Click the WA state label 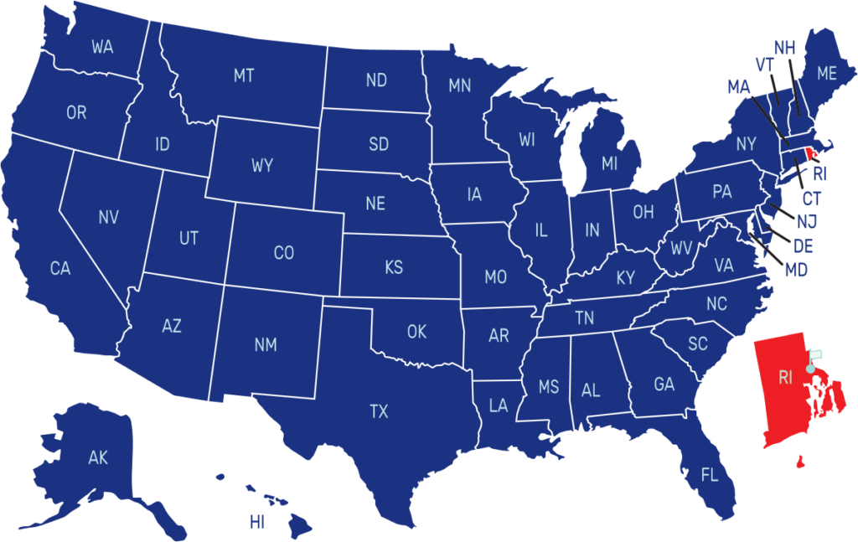pyautogui.click(x=102, y=47)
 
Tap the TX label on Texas pyautogui.click(x=379, y=411)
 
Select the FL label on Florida pyautogui.click(x=710, y=476)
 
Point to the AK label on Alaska pyautogui.click(x=98, y=457)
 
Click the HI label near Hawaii pyautogui.click(x=257, y=523)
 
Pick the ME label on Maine pyautogui.click(x=827, y=74)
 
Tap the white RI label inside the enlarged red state pyautogui.click(x=785, y=378)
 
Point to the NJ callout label pyautogui.click(x=807, y=222)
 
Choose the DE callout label pyautogui.click(x=803, y=246)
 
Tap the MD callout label pyautogui.click(x=796, y=271)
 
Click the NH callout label pyautogui.click(x=784, y=48)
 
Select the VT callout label pyautogui.click(x=764, y=65)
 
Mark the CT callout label pyautogui.click(x=812, y=199)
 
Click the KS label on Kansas pyautogui.click(x=394, y=268)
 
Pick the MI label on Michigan pyautogui.click(x=609, y=164)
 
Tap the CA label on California pyautogui.click(x=60, y=269)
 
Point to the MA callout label pyautogui.click(x=739, y=86)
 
